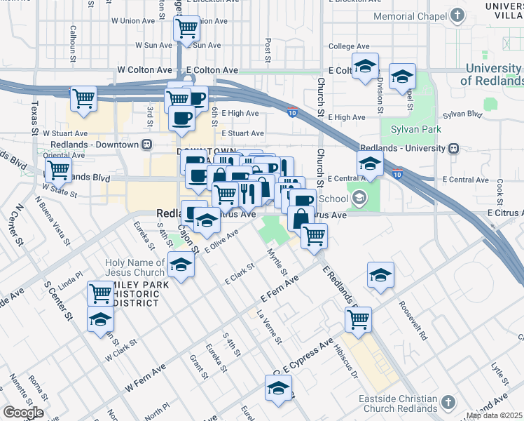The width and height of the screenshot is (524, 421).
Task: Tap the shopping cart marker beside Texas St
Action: [57, 170]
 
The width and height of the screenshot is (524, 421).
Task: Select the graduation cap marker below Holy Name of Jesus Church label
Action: [181, 267]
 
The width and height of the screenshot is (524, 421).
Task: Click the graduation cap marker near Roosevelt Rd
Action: [380, 275]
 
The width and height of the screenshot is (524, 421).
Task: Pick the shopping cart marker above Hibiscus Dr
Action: [358, 319]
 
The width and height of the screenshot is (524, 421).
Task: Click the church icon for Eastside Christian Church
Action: [448, 401]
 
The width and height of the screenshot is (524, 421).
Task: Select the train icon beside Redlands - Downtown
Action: [146, 145]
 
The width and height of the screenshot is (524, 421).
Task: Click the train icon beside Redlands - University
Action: [454, 148]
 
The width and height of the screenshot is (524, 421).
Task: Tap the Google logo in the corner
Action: [23, 413]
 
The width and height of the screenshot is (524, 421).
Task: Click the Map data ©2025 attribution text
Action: [494, 415]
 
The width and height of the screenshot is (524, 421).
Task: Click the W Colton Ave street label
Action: [144, 70]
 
